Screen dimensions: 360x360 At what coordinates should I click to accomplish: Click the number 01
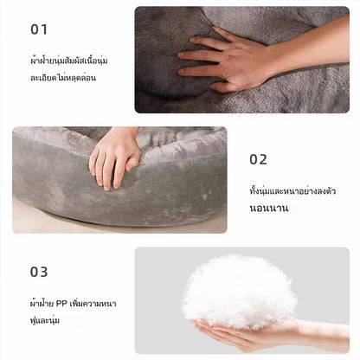point(39,29)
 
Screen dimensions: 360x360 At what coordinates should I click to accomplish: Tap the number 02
point(258,159)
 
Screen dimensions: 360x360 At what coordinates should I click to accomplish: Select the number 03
point(39,272)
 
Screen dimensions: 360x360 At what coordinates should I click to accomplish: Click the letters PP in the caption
point(61,304)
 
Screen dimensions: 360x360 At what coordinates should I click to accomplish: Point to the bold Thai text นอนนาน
point(269,209)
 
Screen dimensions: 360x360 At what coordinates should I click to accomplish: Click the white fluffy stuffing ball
point(239,292)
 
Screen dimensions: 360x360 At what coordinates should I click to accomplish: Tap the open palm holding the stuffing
point(245,331)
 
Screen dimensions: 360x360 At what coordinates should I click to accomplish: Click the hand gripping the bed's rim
point(115,158)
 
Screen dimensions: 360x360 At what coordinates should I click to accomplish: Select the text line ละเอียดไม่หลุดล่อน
point(63,78)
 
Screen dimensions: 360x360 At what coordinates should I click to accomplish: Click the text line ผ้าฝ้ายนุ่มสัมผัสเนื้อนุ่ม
point(69,61)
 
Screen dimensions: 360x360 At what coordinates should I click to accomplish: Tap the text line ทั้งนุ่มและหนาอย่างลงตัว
point(292,191)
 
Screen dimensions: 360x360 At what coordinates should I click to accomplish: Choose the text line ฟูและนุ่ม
point(45,320)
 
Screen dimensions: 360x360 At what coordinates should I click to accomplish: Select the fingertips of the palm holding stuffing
point(202,324)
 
